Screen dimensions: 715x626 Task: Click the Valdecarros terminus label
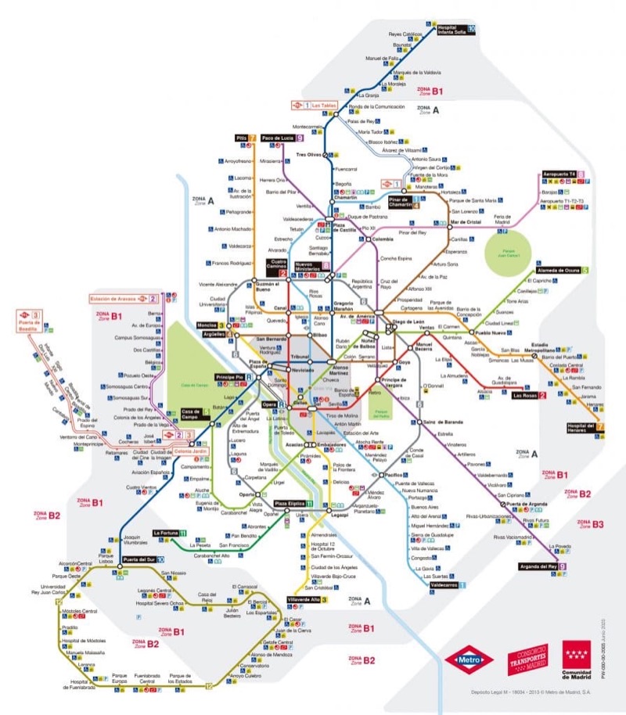pyautogui.click(x=444, y=584)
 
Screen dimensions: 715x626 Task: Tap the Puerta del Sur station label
pyautogui.click(x=138, y=559)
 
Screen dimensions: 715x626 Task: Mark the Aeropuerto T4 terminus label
pyautogui.click(x=559, y=173)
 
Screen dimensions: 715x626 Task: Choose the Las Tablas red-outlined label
pyautogui.click(x=323, y=104)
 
